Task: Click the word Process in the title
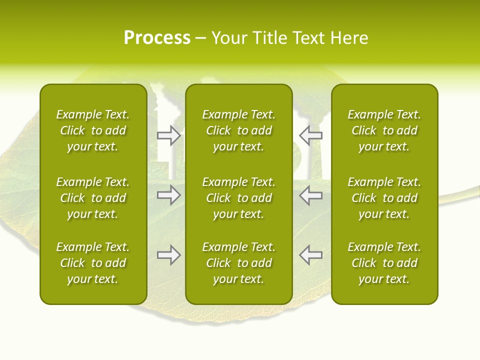click(x=157, y=38)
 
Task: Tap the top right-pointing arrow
click(x=168, y=135)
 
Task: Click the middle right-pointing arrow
click(x=168, y=195)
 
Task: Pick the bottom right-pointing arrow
click(x=168, y=255)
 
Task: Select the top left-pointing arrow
click(x=311, y=135)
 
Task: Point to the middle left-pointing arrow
click(x=311, y=195)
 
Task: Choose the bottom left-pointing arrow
click(x=311, y=255)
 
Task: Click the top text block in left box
click(x=93, y=130)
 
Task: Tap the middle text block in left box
click(x=93, y=198)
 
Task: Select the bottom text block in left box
click(x=93, y=263)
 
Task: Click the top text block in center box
click(x=238, y=130)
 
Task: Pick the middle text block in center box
click(x=238, y=198)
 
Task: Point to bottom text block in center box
click(x=238, y=263)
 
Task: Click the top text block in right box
click(x=384, y=130)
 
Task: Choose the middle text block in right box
click(x=384, y=198)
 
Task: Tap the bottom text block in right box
click(x=384, y=263)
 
